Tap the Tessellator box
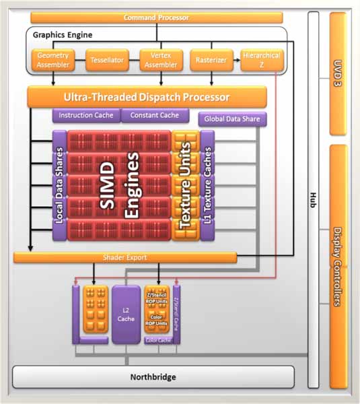tap(107, 61)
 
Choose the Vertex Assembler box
tap(160, 61)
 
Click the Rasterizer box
tap(211, 61)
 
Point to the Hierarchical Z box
tap(262, 61)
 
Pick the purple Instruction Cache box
tap(86, 116)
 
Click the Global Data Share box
tap(232, 119)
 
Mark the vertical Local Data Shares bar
tap(59, 186)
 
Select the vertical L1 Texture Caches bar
tap(207, 186)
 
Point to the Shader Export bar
tap(125, 257)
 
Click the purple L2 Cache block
tap(125, 314)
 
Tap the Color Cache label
tap(157, 340)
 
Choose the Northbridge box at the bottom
tap(153, 377)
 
